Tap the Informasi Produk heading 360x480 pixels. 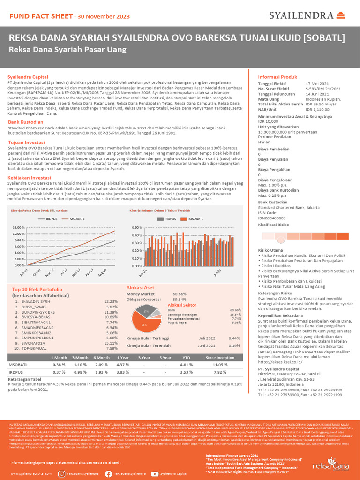coord(277,77)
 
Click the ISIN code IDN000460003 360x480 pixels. coord(275,218)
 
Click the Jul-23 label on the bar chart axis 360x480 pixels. coord(217,272)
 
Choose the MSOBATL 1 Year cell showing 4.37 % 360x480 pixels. coord(122,364)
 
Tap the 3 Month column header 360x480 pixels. coord(81,357)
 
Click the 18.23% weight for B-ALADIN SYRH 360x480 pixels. coord(111,301)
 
